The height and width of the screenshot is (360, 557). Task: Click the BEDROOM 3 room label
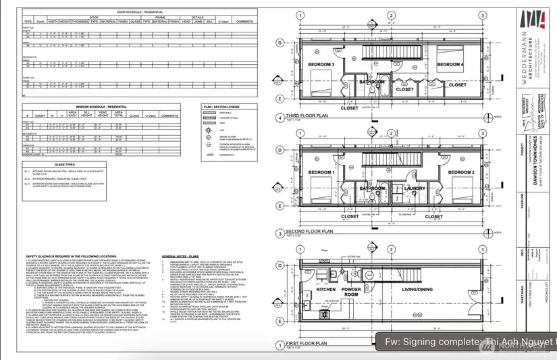tap(322, 65)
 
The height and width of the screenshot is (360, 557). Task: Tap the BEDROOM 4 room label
tap(450, 65)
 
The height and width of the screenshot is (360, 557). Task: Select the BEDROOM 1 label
tap(322, 173)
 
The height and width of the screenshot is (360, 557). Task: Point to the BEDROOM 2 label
tap(450, 173)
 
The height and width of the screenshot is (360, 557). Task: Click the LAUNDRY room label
tap(414, 188)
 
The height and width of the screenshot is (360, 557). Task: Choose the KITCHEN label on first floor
tap(326, 290)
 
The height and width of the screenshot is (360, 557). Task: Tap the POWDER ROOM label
tap(370, 292)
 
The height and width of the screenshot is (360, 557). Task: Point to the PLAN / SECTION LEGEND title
tap(221, 107)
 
